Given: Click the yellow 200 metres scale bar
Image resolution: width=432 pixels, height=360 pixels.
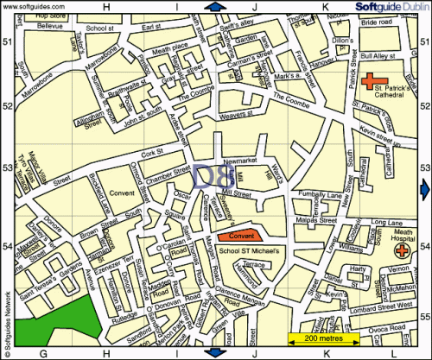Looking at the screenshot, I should click(321, 337).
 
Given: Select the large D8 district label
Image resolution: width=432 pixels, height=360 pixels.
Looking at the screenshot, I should click(213, 178).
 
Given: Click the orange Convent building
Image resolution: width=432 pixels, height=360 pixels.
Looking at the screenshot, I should click(238, 234).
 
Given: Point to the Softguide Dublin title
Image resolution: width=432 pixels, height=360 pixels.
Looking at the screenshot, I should click(388, 7).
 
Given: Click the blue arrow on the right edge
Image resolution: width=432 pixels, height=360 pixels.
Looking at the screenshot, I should click(424, 189).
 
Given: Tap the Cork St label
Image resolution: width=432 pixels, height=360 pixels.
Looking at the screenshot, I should click(153, 153).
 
